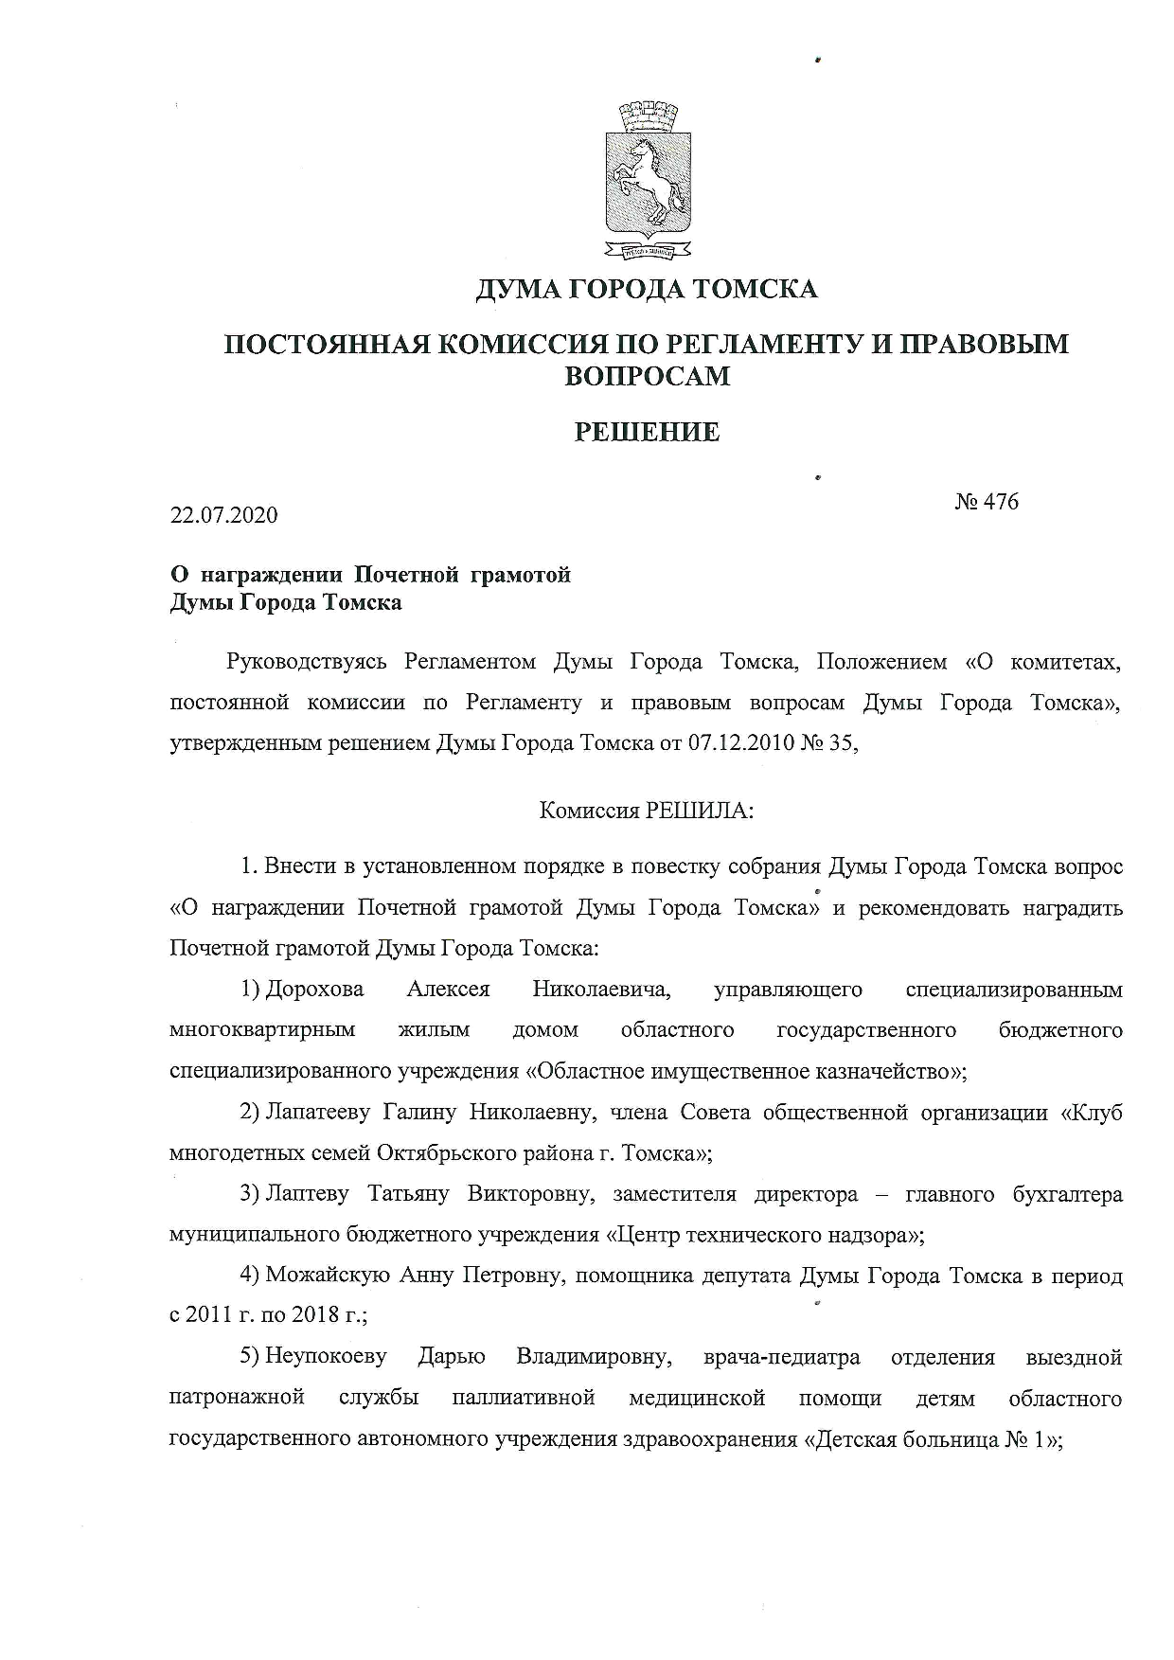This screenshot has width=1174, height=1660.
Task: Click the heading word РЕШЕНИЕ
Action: (648, 433)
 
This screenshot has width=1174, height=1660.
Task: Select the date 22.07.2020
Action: (224, 515)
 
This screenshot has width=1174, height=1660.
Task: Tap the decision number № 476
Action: (987, 501)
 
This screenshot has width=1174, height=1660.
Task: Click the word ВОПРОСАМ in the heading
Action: (648, 376)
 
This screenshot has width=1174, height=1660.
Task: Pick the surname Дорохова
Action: (314, 990)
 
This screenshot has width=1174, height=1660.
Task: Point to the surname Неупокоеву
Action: (326, 1357)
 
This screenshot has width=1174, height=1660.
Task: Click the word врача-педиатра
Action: (782, 1357)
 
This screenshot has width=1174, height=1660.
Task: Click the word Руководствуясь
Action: (307, 662)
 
